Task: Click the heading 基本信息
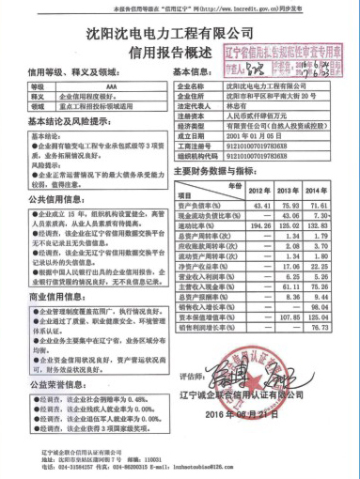pyautogui.click(x=198, y=71)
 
